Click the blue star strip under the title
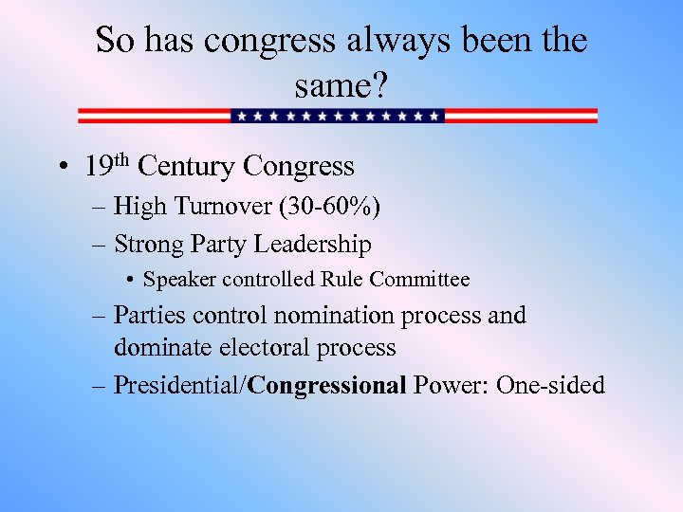click(x=338, y=116)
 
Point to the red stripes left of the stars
click(x=154, y=116)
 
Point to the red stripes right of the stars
click(x=521, y=116)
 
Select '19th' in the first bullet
click(x=106, y=167)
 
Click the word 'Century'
click(x=186, y=167)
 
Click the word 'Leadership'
click(x=311, y=245)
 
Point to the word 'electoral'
click(x=265, y=348)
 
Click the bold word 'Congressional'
click(x=327, y=385)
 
